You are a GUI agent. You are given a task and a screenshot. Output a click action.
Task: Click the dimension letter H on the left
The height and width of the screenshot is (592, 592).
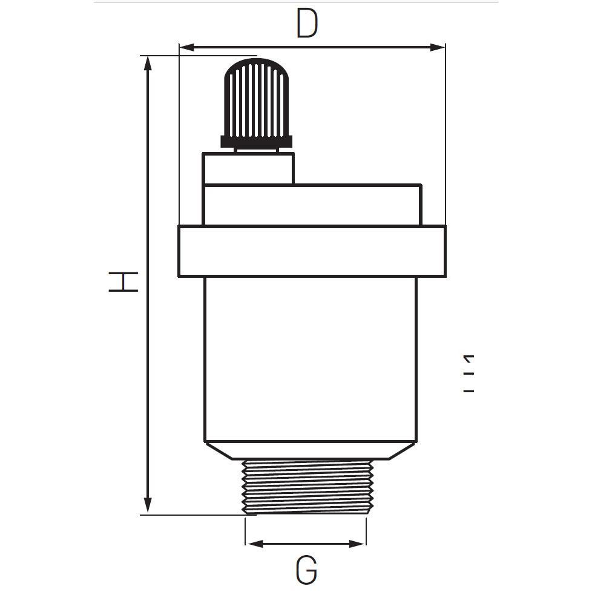(x=123, y=282)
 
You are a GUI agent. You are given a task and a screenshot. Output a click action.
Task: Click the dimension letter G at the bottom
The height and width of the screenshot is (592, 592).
(x=307, y=571)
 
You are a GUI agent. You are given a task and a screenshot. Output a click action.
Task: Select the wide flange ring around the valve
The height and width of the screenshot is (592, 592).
(x=312, y=251)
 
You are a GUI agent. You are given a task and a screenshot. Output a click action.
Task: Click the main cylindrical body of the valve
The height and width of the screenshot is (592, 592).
(x=310, y=357)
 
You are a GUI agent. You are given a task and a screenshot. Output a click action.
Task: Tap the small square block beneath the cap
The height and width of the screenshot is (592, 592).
(x=248, y=168)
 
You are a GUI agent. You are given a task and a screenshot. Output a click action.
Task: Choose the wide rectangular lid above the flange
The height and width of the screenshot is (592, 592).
(x=312, y=205)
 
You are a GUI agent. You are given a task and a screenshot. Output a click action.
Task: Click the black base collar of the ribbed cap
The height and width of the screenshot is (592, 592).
(x=257, y=142)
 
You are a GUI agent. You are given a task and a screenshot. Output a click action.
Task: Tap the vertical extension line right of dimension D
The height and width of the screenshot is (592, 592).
(x=446, y=133)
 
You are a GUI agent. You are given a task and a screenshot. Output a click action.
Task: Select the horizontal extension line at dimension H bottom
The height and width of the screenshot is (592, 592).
(x=194, y=515)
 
